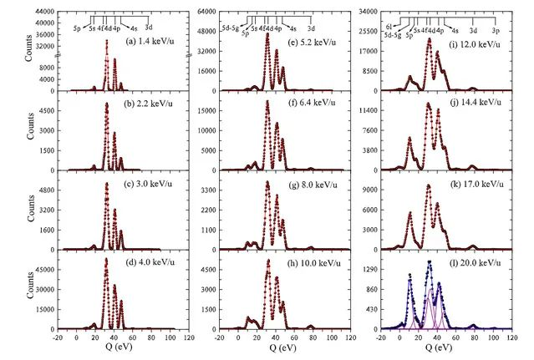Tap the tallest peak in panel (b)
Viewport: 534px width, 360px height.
tap(106, 104)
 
